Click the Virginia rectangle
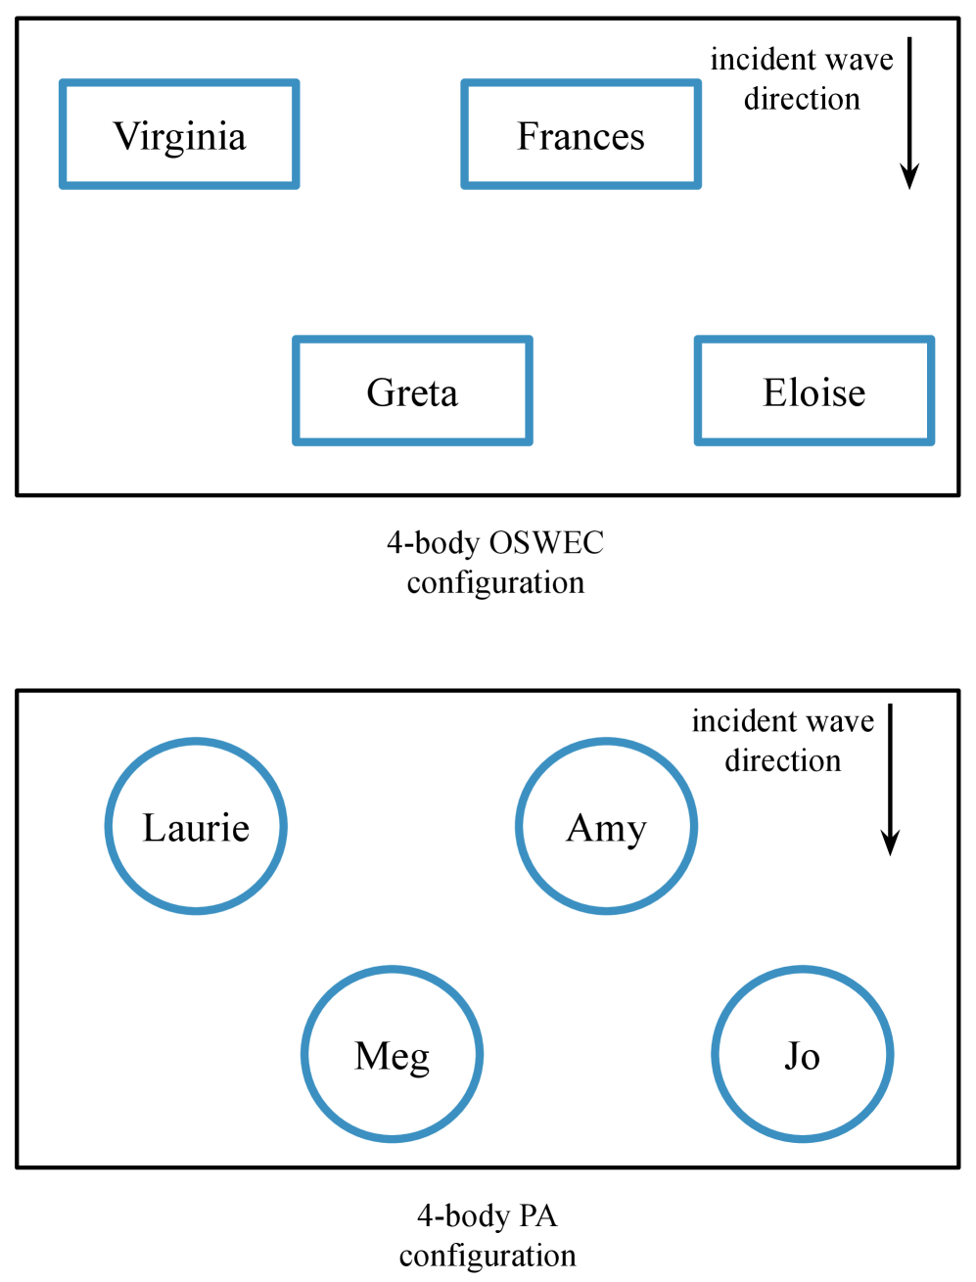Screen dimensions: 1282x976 click(179, 135)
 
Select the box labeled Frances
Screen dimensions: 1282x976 click(581, 135)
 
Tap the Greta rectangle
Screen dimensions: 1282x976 click(412, 391)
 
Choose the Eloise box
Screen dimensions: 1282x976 click(814, 391)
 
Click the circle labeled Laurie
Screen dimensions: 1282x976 click(196, 827)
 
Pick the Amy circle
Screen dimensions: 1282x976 click(606, 827)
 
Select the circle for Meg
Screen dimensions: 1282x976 click(392, 1055)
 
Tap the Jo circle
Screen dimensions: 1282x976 click(802, 1055)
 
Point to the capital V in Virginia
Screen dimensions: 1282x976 click(125, 136)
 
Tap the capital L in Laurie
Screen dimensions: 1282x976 click(154, 828)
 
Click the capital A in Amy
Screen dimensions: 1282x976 click(580, 828)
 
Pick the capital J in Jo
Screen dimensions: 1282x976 click(791, 1056)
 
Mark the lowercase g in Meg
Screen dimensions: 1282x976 click(419, 1061)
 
